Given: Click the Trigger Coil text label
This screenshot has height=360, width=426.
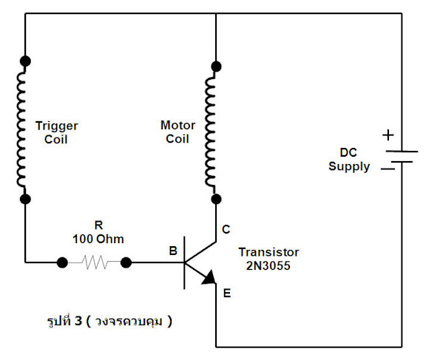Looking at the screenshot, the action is (56, 133).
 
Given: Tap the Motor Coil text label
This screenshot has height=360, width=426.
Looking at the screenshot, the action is (177, 132).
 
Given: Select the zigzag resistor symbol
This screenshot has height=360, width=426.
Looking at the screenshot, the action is (94, 262).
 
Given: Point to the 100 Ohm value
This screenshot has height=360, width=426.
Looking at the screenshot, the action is (98, 240).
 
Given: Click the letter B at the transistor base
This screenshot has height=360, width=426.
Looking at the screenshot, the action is (173, 251).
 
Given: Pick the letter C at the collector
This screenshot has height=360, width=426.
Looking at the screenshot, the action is (226, 230).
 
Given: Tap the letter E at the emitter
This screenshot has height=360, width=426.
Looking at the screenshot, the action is (227, 293).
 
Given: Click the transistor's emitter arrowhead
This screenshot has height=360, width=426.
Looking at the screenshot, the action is (209, 278).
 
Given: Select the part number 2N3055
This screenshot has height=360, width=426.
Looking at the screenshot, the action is (268, 265).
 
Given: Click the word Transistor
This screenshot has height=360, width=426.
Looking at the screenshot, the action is (268, 252).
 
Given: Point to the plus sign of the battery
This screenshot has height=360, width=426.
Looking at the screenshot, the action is (388, 135).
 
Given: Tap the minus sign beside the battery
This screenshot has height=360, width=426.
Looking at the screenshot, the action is (388, 169).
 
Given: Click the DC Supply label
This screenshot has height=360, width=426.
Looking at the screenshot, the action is (349, 160).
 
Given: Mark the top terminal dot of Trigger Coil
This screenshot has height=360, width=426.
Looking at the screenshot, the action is (25, 61).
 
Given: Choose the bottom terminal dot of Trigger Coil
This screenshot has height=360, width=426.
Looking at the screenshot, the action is (25, 200).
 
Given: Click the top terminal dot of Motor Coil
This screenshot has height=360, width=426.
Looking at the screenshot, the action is (216, 67).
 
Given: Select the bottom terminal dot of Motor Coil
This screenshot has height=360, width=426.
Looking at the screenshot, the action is (216, 199).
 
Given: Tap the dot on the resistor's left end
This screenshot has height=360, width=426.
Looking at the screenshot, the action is (62, 262).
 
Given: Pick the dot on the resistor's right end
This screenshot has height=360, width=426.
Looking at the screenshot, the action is (126, 262).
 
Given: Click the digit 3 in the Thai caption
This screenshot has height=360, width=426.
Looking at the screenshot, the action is (78, 321).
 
